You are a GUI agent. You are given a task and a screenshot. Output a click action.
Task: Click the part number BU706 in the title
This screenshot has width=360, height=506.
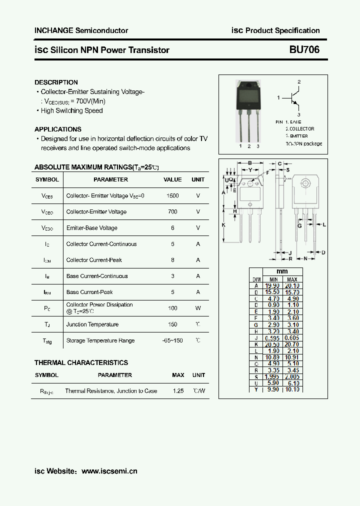[x=304, y=50]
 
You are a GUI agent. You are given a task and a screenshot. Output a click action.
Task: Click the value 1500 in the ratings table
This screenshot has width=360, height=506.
[x=172, y=195]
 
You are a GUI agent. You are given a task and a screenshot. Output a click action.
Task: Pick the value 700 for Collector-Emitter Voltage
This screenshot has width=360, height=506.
[x=172, y=212]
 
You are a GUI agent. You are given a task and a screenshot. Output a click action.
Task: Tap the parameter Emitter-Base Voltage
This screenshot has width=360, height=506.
[x=92, y=228]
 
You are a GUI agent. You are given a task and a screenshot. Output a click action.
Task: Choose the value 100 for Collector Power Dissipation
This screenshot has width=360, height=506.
[x=172, y=308]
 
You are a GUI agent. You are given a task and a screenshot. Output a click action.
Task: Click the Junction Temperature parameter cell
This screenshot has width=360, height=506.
[x=92, y=324]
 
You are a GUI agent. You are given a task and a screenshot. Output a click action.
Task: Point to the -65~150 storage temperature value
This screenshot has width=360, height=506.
[x=172, y=340]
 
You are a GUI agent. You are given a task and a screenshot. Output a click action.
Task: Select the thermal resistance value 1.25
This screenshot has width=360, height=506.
[x=178, y=391]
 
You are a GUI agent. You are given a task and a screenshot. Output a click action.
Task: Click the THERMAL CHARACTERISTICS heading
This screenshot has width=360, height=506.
[x=81, y=362]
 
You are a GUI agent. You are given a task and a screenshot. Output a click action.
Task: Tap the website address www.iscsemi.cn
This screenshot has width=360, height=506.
[x=109, y=471]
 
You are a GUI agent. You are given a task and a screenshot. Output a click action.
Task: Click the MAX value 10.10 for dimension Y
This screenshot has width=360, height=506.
[x=292, y=389]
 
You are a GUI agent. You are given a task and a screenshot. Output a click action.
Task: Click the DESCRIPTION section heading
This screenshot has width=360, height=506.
[x=56, y=82]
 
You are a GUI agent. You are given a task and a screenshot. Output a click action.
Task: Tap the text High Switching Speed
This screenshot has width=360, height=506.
[x=71, y=110]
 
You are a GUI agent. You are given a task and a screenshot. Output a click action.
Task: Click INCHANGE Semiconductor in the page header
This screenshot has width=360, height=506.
[x=81, y=30]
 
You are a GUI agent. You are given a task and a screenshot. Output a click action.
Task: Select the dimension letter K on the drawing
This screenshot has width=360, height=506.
[x=223, y=225]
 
